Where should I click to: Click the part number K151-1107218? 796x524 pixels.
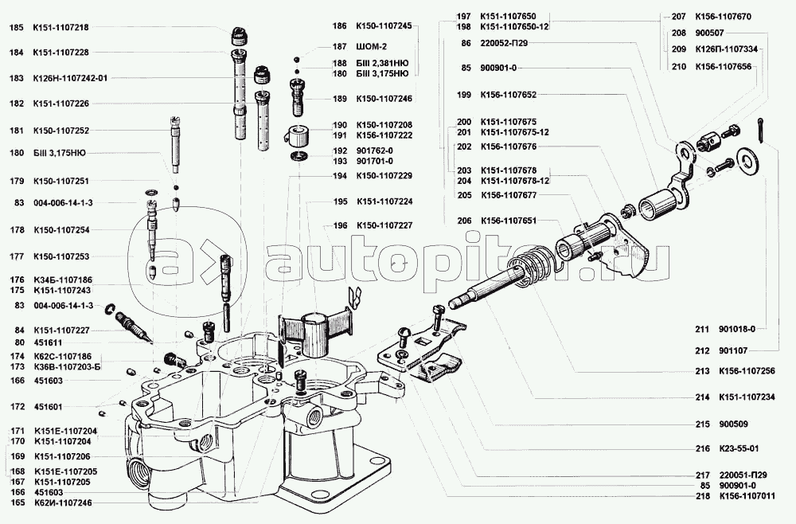60,28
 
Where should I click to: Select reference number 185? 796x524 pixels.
16,28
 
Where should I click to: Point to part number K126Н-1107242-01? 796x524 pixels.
69,78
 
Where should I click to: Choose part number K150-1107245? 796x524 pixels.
384,26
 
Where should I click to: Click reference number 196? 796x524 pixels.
340,225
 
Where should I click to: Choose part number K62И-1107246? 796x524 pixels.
63,503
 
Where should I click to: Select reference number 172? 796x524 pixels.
16,406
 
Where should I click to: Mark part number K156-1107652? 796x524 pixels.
508,95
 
